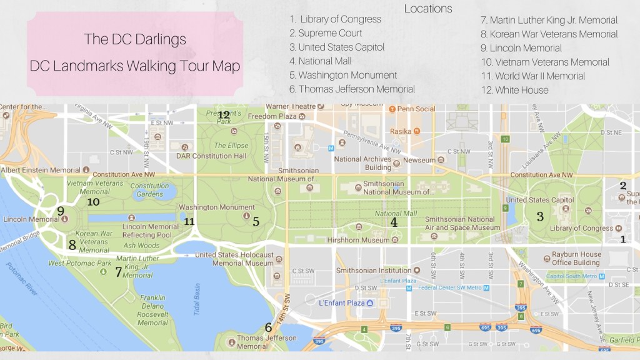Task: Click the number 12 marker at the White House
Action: (x=224, y=115)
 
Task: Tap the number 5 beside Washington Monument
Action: (x=256, y=221)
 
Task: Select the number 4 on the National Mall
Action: (x=394, y=221)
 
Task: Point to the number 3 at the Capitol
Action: (x=540, y=216)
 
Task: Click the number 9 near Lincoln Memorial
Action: (x=60, y=211)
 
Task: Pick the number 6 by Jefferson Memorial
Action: (x=268, y=327)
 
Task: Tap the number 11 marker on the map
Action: (x=189, y=221)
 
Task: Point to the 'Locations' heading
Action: (x=428, y=9)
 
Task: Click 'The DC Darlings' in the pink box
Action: (x=135, y=39)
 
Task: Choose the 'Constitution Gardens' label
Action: (x=149, y=189)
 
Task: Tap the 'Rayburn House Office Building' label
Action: (x=576, y=259)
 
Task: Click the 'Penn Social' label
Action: (x=417, y=109)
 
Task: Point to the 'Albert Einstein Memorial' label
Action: (x=41, y=170)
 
